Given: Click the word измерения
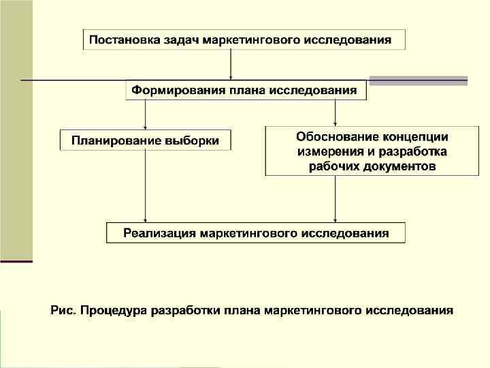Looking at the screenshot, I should [x=326, y=151].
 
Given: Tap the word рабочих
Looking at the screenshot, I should [x=331, y=166].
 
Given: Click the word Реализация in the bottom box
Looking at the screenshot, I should [x=159, y=233].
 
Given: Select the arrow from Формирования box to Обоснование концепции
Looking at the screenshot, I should [x=336, y=113].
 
